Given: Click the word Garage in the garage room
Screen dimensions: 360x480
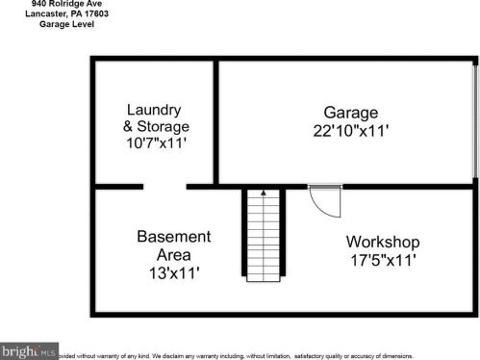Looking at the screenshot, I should point(349,113).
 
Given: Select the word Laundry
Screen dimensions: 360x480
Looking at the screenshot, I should point(153,110).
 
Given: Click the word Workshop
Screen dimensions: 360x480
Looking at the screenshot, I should point(383,242).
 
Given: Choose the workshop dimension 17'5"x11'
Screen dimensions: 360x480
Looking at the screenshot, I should point(383,260).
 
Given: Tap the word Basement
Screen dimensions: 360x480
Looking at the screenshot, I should point(173,237).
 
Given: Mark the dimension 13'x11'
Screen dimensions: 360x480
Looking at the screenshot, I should point(173,273).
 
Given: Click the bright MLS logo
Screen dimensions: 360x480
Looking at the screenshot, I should point(29,350).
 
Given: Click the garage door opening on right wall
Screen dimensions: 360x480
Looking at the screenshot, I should point(475,120).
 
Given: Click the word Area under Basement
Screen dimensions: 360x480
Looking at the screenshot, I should point(173,255).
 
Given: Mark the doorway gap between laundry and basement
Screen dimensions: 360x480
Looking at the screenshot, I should point(172,185).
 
